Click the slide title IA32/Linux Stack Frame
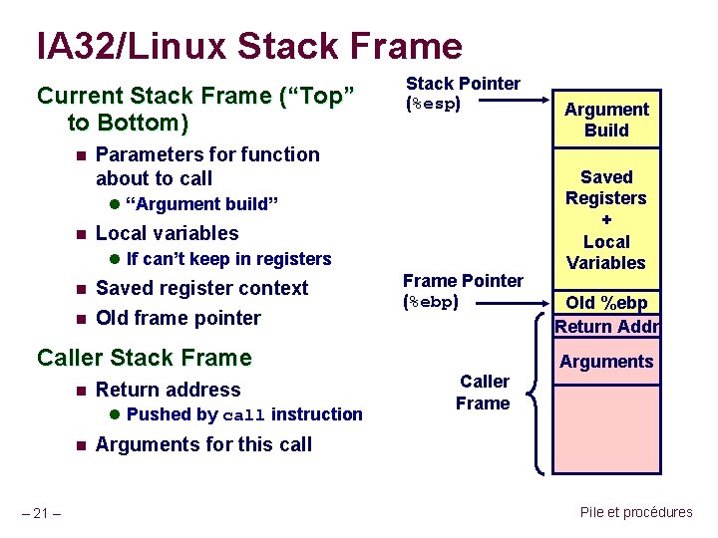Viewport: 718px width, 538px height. (249, 46)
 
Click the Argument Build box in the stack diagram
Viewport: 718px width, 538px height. (606, 120)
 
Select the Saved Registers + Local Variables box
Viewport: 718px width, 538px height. (606, 219)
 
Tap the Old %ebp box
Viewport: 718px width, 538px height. (606, 303)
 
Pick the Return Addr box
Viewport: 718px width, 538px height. (606, 326)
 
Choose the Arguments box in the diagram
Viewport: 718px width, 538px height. (606, 362)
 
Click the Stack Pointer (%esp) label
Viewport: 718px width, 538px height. (463, 93)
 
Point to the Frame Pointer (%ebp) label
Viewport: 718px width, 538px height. (463, 291)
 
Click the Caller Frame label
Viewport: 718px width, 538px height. (484, 393)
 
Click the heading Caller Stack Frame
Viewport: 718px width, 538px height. (145, 358)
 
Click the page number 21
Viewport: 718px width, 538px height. (43, 513)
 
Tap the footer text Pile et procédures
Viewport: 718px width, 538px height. (635, 512)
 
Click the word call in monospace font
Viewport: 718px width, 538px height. (244, 415)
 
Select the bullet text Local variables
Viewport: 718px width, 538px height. (167, 233)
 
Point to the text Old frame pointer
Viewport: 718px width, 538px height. (178, 318)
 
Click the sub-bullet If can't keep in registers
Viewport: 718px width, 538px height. (228, 259)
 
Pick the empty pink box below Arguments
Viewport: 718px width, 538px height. (606, 428)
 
